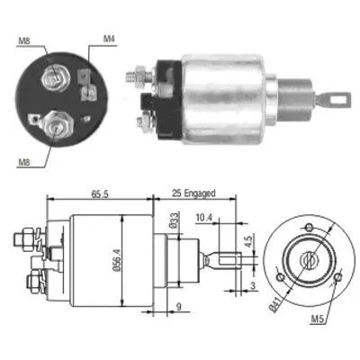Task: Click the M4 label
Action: [x=108, y=39]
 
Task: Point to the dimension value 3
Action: [x=253, y=285]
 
